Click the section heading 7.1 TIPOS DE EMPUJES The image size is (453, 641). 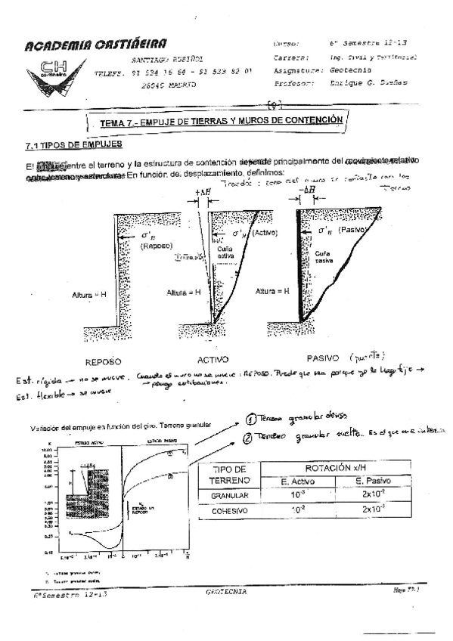(x=74, y=144)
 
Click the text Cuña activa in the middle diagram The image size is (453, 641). (x=226, y=252)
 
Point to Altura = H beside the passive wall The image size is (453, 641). (x=275, y=290)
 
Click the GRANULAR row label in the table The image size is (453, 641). (x=228, y=495)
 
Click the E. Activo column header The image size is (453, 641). (x=297, y=482)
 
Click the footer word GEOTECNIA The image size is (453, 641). (x=226, y=592)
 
